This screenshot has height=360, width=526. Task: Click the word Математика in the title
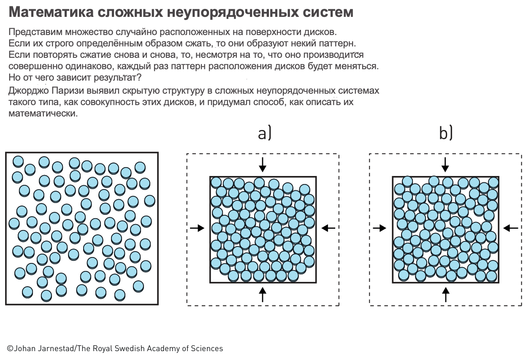(51, 12)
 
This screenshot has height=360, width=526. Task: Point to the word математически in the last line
(43, 114)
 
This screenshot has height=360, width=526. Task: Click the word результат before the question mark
(115, 78)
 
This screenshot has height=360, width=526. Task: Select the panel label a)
(265, 134)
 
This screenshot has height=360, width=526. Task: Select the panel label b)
(446, 133)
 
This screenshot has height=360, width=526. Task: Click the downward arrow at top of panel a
(263, 165)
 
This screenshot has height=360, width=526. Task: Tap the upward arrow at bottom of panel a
(263, 295)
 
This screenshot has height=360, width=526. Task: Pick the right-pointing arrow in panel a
(197, 228)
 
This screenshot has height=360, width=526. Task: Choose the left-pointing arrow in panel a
(328, 228)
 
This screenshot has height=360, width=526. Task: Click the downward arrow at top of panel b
(445, 165)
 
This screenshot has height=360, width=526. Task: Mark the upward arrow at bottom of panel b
(445, 295)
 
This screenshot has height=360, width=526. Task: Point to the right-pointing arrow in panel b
(380, 228)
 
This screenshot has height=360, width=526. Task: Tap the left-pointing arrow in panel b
(511, 228)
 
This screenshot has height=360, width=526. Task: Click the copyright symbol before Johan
(10, 348)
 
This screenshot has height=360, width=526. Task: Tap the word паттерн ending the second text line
(337, 43)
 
